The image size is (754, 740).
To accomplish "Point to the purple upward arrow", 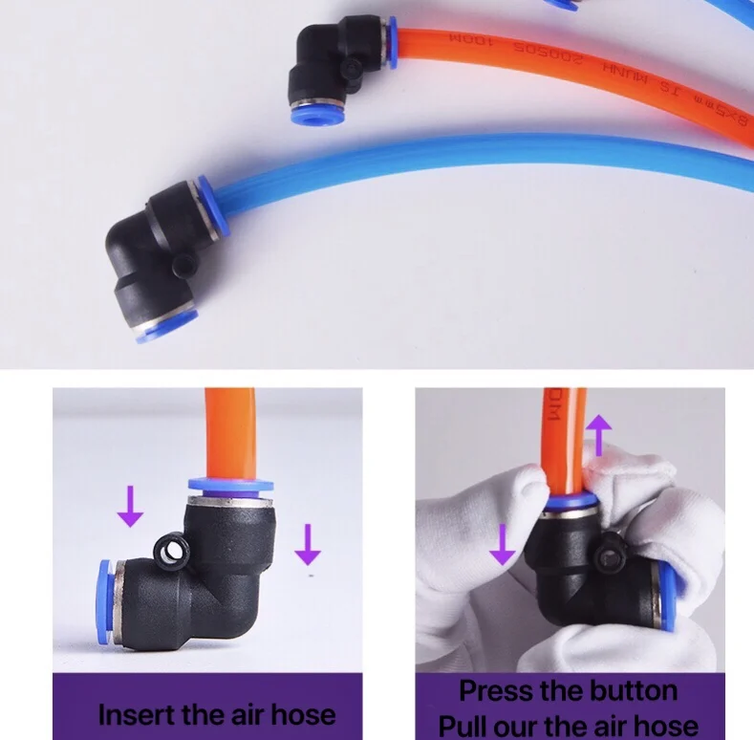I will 599,434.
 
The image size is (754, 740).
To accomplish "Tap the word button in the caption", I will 628,690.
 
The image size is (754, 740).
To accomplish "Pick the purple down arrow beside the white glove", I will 502,544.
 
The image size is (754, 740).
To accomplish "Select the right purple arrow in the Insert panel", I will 307,544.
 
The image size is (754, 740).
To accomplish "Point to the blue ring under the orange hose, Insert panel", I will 229,485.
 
